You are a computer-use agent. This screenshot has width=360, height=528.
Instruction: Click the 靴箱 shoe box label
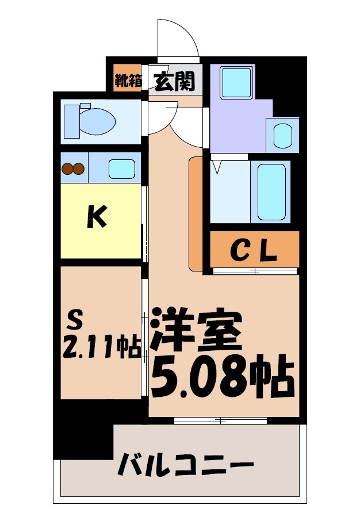point(128,81)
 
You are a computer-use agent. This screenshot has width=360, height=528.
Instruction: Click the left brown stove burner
point(67,169)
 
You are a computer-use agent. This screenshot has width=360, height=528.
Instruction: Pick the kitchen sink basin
point(122,169)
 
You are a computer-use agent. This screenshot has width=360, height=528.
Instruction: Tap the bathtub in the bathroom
point(271,192)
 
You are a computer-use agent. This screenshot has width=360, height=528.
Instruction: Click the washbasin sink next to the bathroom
point(282,136)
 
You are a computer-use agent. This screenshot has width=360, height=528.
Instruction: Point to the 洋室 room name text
point(195,330)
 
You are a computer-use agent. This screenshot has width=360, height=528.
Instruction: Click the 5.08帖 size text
point(223,377)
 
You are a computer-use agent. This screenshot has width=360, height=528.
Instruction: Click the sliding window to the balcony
point(220,420)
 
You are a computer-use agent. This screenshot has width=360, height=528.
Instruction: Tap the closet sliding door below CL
point(254,270)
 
